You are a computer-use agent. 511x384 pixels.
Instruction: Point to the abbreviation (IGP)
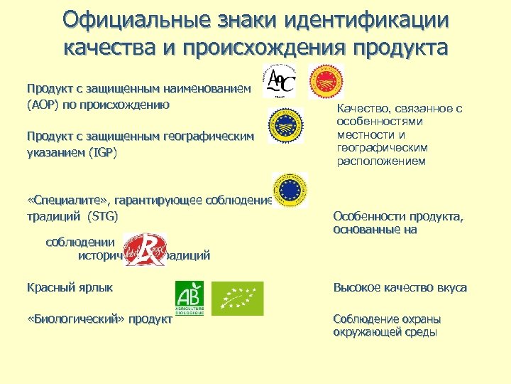click(102, 153)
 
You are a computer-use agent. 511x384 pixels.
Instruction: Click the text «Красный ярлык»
click(70, 288)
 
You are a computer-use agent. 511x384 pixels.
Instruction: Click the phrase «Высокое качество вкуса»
click(400, 288)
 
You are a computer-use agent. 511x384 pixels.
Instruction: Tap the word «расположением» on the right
click(381, 161)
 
